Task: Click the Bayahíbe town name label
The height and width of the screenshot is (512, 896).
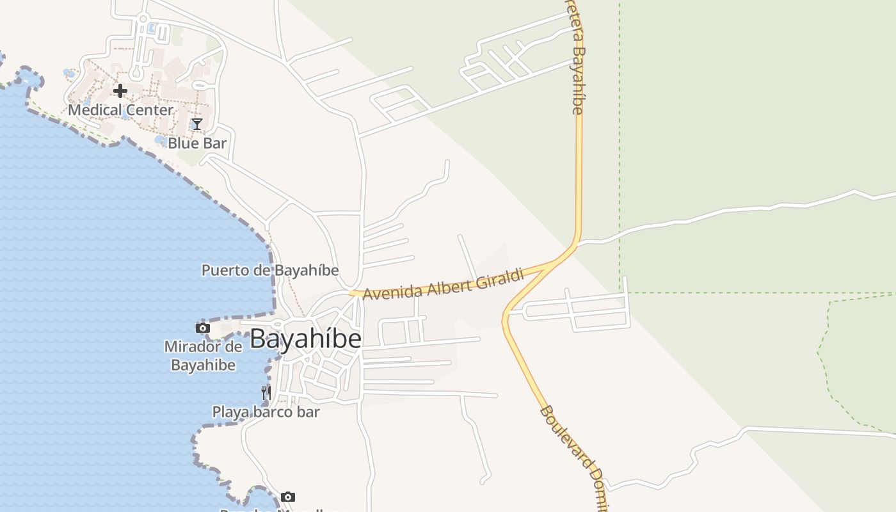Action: pyautogui.click(x=305, y=339)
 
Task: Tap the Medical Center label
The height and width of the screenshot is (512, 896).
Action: pyautogui.click(x=120, y=110)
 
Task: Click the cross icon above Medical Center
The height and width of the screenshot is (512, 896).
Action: pyautogui.click(x=120, y=91)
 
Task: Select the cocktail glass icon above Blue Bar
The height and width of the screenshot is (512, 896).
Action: pyautogui.click(x=197, y=124)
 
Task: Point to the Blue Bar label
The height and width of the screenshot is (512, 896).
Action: pyautogui.click(x=197, y=143)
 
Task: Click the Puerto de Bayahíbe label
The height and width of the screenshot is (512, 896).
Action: pyautogui.click(x=270, y=270)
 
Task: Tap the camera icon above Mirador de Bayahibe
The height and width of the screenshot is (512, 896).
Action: pyautogui.click(x=203, y=328)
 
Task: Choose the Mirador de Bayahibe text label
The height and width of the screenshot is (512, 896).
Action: pyautogui.click(x=203, y=356)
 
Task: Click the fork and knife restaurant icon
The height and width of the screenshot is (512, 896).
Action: pyautogui.click(x=266, y=392)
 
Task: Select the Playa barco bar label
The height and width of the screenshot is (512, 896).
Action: pyautogui.click(x=266, y=412)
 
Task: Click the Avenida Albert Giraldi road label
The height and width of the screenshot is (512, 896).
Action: pyautogui.click(x=444, y=284)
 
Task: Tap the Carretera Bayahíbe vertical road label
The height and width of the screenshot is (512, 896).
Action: pyautogui.click(x=577, y=58)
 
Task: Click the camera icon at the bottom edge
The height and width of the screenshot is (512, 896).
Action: pyautogui.click(x=288, y=497)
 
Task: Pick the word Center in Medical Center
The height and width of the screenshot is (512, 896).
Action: pyautogui.click(x=149, y=110)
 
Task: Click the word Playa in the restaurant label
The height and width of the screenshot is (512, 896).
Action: pyautogui.click(x=230, y=412)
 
